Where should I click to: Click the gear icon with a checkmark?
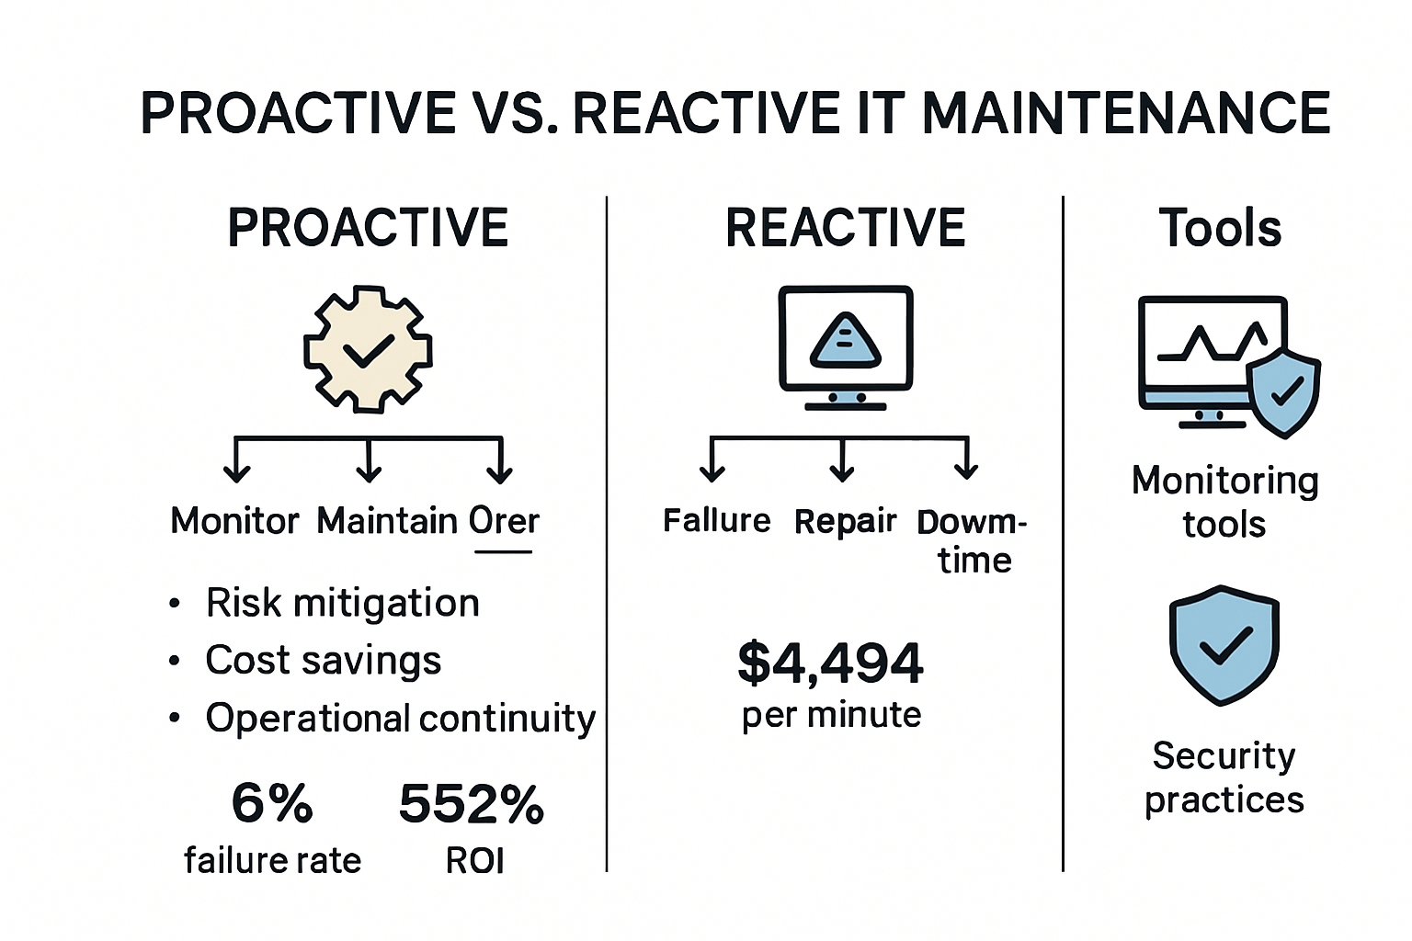tap(368, 349)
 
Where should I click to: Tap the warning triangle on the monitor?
tap(845, 341)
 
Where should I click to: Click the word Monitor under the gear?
tap(234, 521)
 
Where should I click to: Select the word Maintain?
tap(387, 521)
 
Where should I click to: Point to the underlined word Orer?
tap(503, 521)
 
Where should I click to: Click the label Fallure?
tap(716, 521)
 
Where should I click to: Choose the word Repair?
tap(844, 521)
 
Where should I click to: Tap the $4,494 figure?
tap(830, 663)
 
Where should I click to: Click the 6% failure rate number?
tap(272, 803)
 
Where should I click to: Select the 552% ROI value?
tap(472, 804)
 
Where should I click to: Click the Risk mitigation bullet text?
tap(342, 603)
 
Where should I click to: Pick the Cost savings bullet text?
tap(323, 660)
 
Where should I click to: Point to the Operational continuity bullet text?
tap(400, 718)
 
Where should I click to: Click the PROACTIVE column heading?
tap(368, 228)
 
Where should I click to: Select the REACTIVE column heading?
tap(845, 228)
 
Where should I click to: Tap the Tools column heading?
tap(1220, 228)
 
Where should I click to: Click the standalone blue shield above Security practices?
tap(1224, 645)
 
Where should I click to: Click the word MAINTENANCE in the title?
tap(1125, 114)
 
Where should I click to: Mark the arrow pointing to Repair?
tap(841, 462)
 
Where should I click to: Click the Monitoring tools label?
tap(1224, 502)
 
